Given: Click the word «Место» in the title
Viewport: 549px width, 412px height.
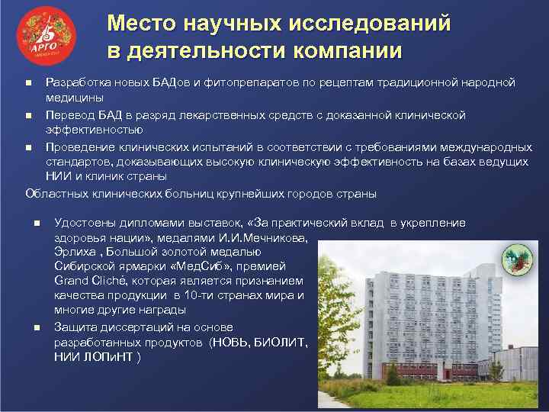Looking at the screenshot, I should click(x=138, y=24).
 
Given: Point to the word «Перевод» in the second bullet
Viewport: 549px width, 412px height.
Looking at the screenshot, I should click(x=68, y=115).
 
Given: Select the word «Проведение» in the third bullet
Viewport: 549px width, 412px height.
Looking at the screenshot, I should click(x=77, y=147).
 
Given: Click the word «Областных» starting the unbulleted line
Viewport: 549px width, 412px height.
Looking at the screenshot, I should click(x=55, y=194).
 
